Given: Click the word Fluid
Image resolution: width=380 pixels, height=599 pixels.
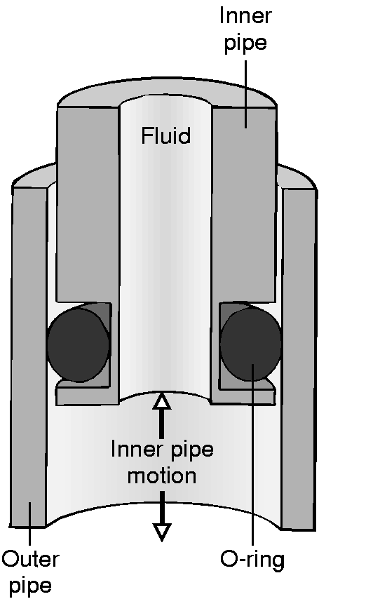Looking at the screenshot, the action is [165, 135].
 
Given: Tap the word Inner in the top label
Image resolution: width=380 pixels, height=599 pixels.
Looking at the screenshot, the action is [245, 16].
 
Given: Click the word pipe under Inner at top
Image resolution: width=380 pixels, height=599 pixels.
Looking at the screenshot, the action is [245, 43].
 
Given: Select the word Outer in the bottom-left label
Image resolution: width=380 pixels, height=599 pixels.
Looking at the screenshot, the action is [31, 560].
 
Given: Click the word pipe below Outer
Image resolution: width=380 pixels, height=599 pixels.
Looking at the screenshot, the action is [30, 586].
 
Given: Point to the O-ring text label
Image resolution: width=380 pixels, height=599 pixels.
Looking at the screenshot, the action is [252, 560].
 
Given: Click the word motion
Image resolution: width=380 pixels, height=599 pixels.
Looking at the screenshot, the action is [162, 476].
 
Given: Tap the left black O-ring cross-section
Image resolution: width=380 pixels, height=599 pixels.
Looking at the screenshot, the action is [79, 345].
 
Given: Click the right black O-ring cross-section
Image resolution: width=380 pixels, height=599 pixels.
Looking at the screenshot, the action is [251, 345].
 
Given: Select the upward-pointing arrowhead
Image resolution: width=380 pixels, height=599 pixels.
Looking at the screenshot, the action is [162, 401].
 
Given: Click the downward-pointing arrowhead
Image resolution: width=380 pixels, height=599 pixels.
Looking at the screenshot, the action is [162, 532].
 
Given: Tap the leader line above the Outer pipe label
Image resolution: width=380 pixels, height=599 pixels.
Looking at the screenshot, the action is [29, 524].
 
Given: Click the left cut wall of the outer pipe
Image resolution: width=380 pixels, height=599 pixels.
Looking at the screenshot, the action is [29, 357].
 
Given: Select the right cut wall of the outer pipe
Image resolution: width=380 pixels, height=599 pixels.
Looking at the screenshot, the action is [299, 359].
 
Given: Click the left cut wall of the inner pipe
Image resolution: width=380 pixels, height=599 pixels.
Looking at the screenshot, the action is [88, 204].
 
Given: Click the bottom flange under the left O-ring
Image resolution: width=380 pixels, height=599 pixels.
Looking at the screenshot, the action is [88, 396].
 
